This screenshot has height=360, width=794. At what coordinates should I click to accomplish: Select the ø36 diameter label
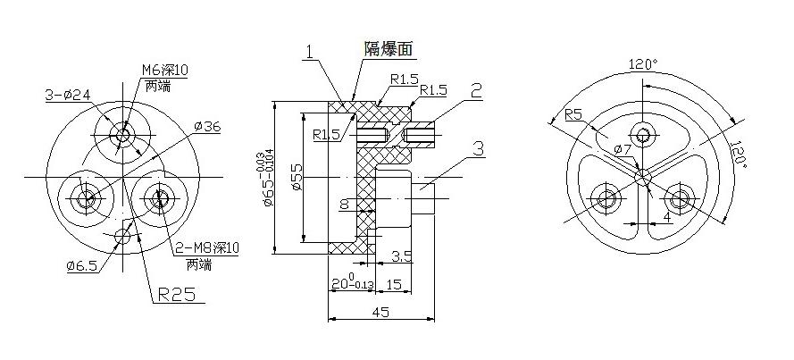point(207,126)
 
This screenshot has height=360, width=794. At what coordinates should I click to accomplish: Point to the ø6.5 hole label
point(82,264)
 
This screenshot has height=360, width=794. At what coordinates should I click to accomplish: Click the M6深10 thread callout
point(165,70)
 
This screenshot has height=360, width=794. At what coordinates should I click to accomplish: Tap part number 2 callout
point(476,89)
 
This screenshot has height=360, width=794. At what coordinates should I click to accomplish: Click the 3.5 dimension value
point(401,257)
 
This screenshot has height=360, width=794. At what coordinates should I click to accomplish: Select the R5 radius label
point(574,114)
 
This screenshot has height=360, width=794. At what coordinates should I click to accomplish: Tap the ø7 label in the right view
point(622,147)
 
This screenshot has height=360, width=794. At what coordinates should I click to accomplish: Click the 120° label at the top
point(643,64)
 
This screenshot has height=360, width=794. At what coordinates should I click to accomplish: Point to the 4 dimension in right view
point(666,217)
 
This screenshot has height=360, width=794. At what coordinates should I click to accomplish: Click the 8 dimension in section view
point(344,205)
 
